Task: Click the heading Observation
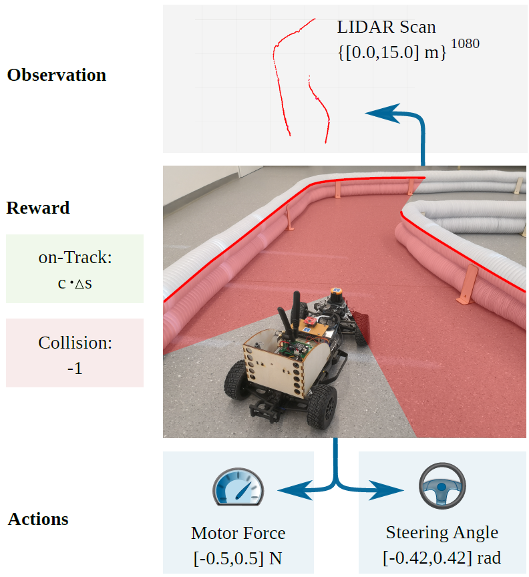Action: tap(57, 75)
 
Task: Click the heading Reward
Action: tap(38, 208)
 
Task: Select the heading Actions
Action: tap(38, 519)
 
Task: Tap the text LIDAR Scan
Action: tap(387, 27)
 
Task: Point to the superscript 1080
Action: tap(465, 45)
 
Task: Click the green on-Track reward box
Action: tap(75, 268)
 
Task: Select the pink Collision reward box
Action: tap(75, 353)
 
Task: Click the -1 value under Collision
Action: tap(75, 367)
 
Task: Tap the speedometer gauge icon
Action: tap(238, 487)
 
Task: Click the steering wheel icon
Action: tap(442, 484)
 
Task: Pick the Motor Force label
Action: tap(238, 533)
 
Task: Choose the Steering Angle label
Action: tap(442, 532)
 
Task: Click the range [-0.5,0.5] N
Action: tap(238, 556)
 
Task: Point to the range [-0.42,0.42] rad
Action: tap(442, 556)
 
